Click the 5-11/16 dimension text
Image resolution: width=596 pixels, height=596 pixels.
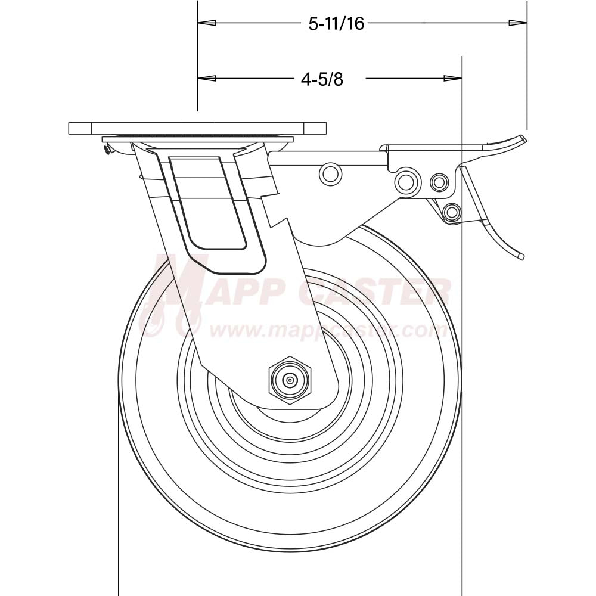pyautogui.click(x=336, y=24)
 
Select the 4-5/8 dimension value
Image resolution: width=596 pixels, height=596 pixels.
pyautogui.click(x=322, y=79)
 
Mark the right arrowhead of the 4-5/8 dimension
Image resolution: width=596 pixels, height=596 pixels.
pyautogui.click(x=454, y=78)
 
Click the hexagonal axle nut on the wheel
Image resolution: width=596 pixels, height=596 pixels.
pyautogui.click(x=290, y=380)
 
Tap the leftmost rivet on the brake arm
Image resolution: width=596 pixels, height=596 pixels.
pyautogui.click(x=331, y=173)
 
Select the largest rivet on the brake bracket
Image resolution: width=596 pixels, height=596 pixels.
pyautogui.click(x=407, y=180)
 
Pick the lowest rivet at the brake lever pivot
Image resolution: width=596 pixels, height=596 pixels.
pyautogui.click(x=452, y=212)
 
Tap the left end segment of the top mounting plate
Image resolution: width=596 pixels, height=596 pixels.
pyautogui.click(x=80, y=128)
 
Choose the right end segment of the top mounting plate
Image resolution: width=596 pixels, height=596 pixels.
pyautogui.click(x=316, y=128)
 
